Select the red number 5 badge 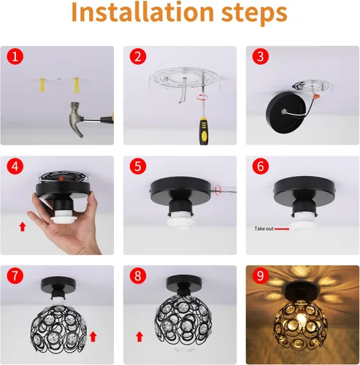click(137, 167)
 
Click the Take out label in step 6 click(264, 228)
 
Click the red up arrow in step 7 click(93, 336)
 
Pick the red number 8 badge click(137, 277)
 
